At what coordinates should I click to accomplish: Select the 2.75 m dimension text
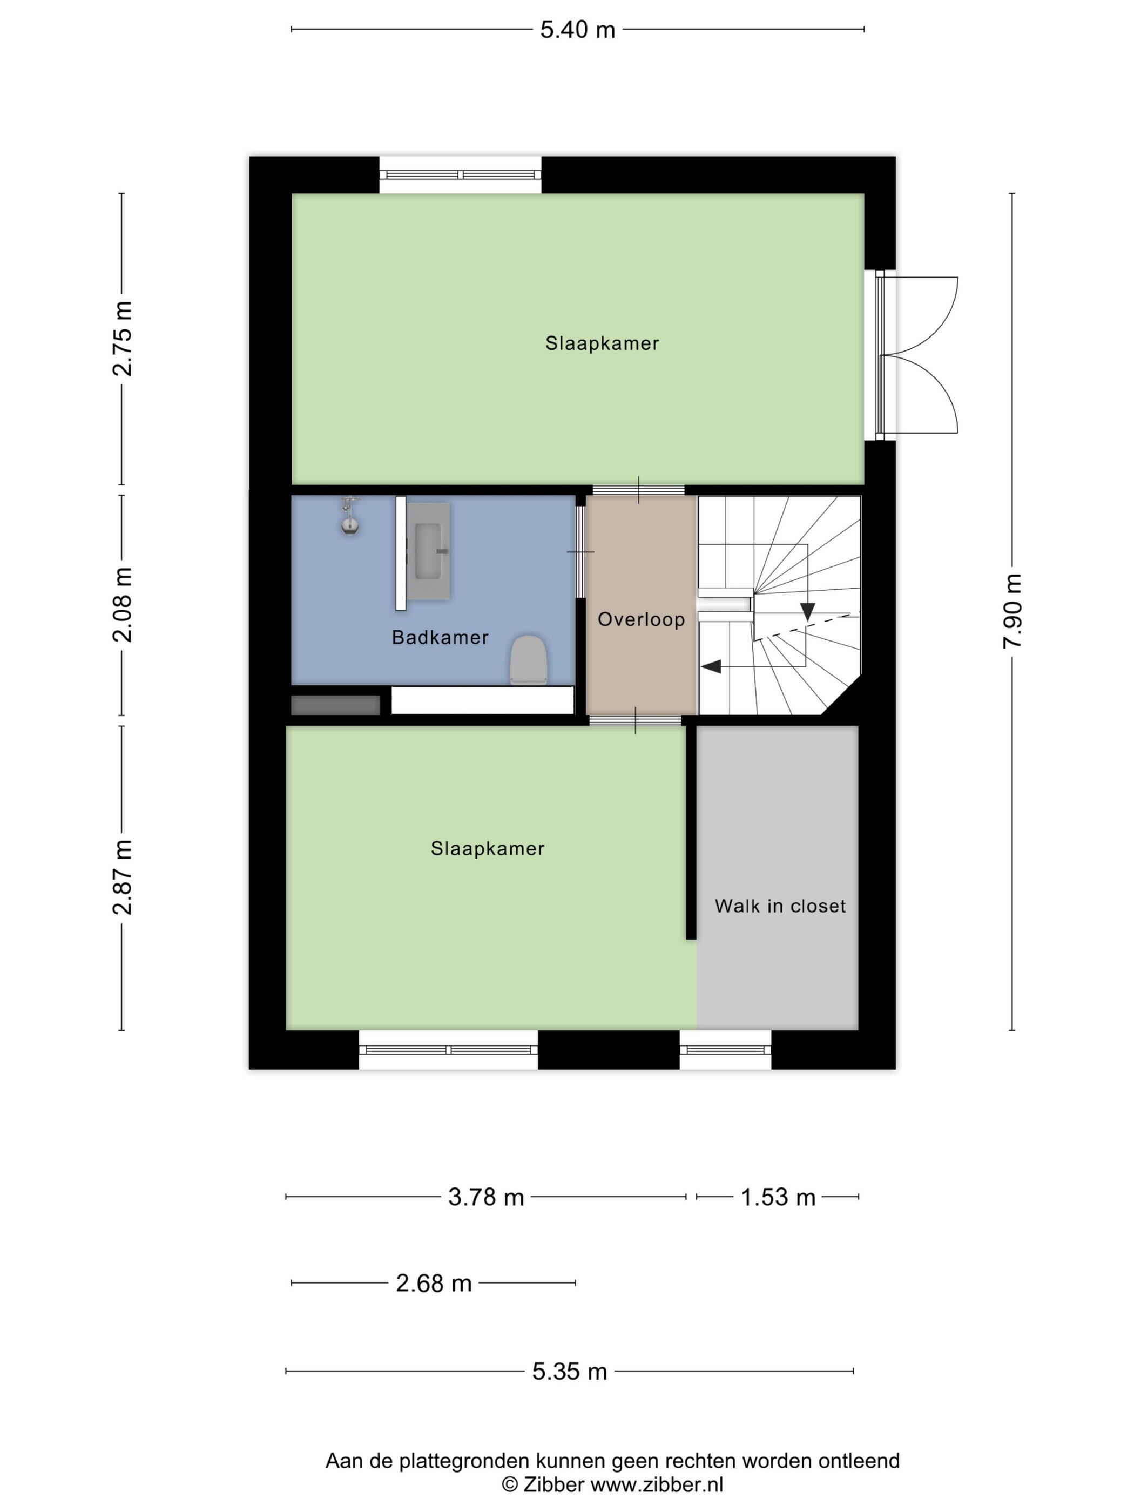click(x=123, y=339)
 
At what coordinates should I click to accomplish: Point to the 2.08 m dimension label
click(x=123, y=605)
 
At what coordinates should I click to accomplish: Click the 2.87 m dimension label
click(x=123, y=877)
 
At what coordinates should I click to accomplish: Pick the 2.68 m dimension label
click(x=434, y=1283)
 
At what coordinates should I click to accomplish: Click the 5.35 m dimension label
click(x=570, y=1371)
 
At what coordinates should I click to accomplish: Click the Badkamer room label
click(x=440, y=638)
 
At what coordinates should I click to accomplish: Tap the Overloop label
click(x=641, y=619)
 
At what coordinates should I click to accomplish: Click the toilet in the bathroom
click(x=529, y=660)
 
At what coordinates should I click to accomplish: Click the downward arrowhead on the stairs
click(x=807, y=612)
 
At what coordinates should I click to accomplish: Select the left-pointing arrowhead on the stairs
click(x=711, y=666)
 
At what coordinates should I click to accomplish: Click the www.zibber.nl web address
click(x=657, y=1484)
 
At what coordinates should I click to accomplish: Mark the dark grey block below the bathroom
click(x=336, y=705)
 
